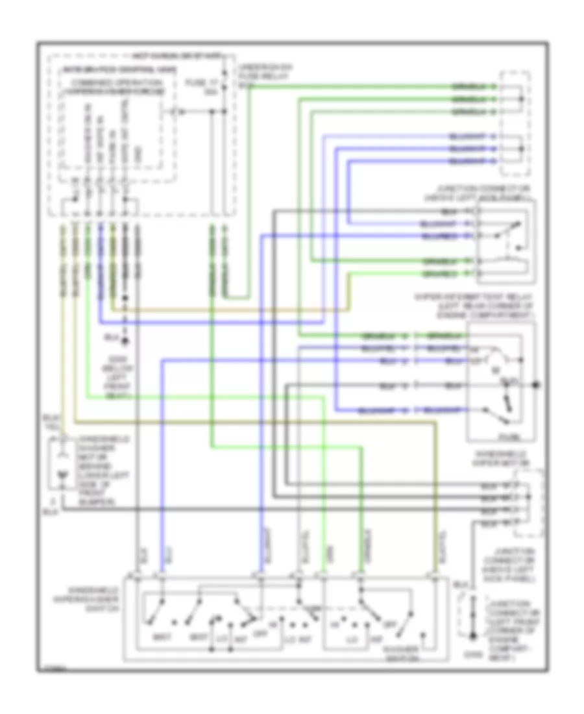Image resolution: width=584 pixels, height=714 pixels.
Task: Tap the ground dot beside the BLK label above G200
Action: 125,339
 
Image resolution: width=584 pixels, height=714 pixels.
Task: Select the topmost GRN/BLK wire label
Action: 468,87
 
